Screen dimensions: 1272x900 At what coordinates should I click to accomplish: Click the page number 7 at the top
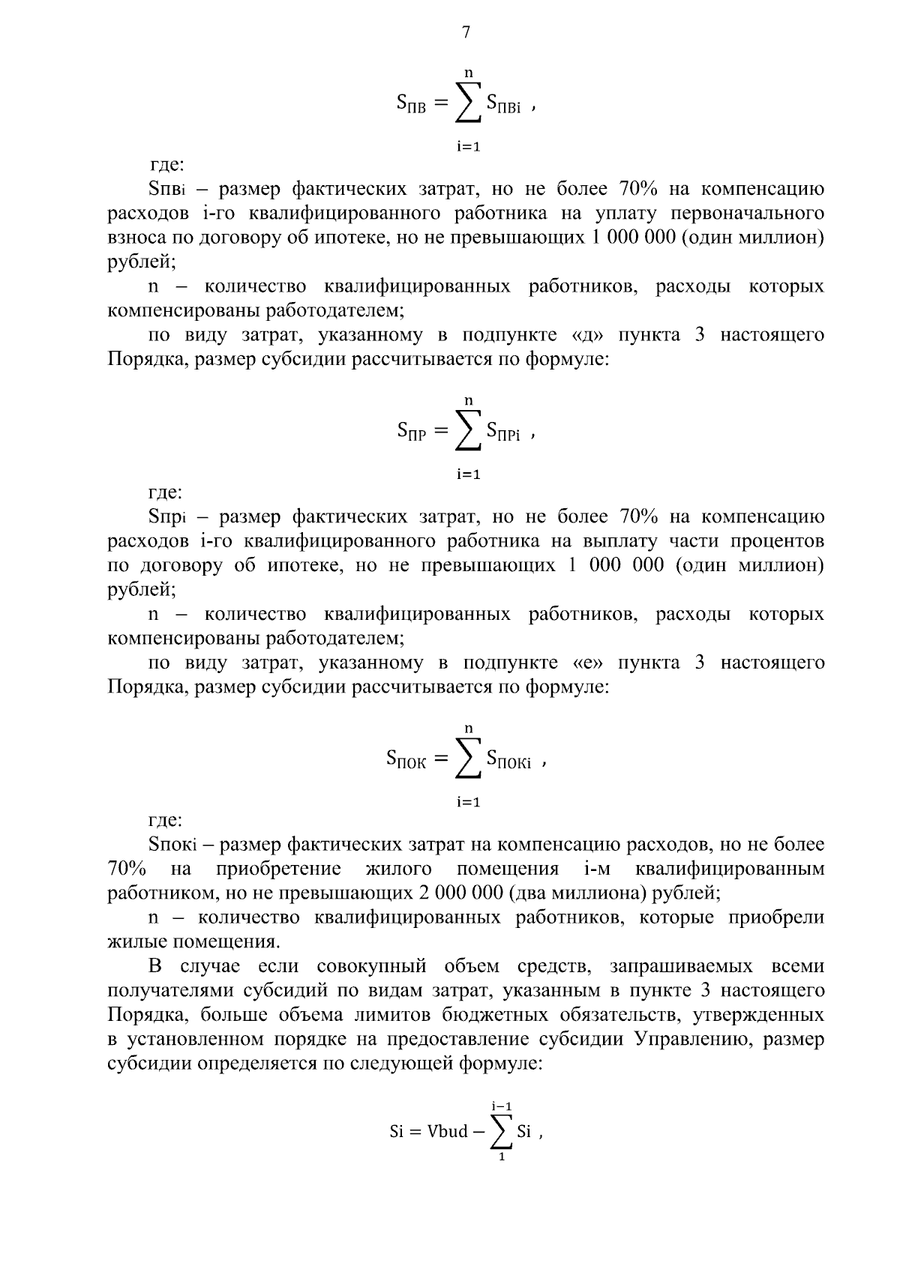click(x=466, y=32)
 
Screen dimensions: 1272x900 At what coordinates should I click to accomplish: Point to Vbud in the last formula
click(x=447, y=1131)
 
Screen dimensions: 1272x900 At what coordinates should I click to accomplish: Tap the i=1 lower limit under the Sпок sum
click(x=468, y=802)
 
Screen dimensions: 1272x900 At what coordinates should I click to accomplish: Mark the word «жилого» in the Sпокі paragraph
click(x=398, y=869)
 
